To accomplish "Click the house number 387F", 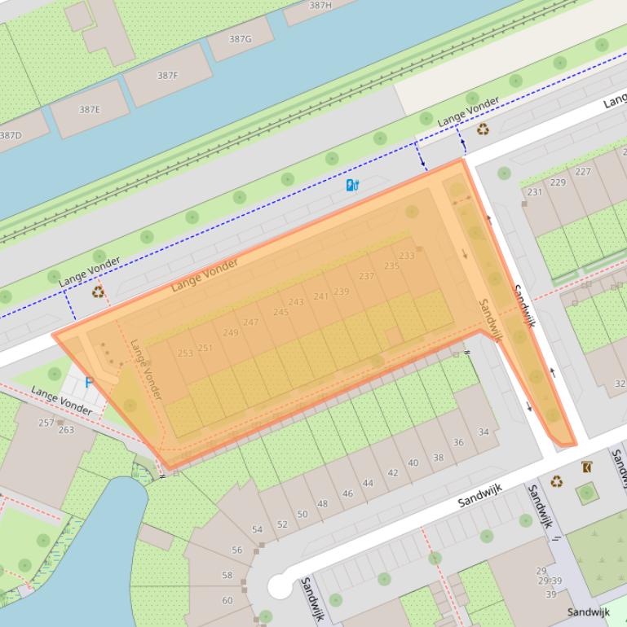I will tap(167, 76).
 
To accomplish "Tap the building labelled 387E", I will tap(90, 109).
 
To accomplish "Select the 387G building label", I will tap(240, 39).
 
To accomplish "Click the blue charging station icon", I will tap(352, 186).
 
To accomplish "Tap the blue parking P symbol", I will tap(89, 382).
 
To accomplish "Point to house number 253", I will tap(185, 353).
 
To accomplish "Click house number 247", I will tap(250, 322).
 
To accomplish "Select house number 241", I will tap(321, 296).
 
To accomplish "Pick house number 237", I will tap(366, 276).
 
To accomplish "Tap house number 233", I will tap(406, 256).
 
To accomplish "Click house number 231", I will tap(534, 192).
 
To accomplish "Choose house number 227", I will tap(582, 172).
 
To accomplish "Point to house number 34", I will tap(483, 432).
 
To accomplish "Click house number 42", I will tap(393, 473).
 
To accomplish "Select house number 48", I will tap(322, 503).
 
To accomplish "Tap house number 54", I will tap(257, 529).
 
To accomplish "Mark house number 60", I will tap(227, 601).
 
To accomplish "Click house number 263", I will tap(65, 430).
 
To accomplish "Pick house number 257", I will tap(46, 423).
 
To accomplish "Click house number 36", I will tap(458, 443).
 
